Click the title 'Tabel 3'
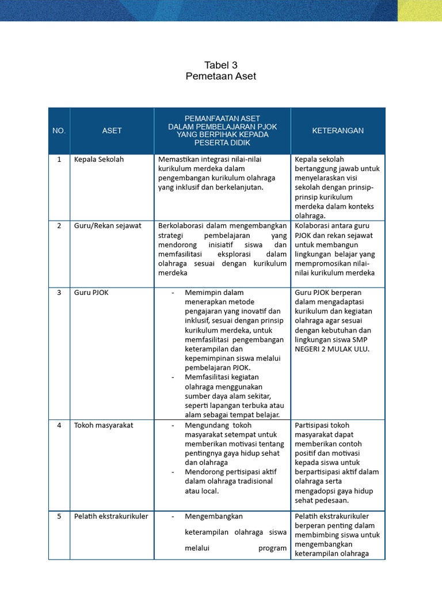coord(221,65)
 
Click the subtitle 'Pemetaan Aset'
coord(221,76)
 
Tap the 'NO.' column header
coord(59,131)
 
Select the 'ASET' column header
coord(112,131)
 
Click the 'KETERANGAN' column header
coord(338,131)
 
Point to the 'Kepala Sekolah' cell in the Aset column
coord(99,160)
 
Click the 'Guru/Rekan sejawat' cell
coord(108,225)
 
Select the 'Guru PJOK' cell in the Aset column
coord(92,293)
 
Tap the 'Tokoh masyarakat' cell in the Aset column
coord(104,426)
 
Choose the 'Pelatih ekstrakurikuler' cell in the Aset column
coord(111,516)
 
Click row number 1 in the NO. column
coord(59,160)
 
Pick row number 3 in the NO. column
coord(59,293)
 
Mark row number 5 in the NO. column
coord(59,516)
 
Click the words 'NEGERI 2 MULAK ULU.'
coord(331,349)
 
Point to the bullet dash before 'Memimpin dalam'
coord(173,293)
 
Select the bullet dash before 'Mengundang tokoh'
coord(173,426)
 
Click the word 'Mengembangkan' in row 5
coord(214,516)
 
